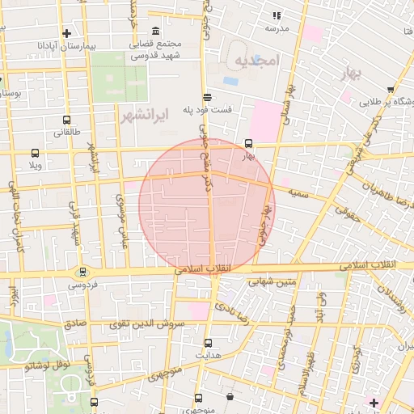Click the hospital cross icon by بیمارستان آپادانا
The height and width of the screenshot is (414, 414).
pyautogui.click(x=65, y=33)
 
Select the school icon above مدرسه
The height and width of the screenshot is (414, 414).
pyautogui.click(x=277, y=15)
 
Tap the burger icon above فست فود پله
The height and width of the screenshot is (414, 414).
pyautogui.click(x=207, y=95)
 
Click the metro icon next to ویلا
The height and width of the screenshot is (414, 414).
pyautogui.click(x=35, y=153)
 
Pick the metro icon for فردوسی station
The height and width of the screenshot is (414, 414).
pyautogui.click(x=82, y=272)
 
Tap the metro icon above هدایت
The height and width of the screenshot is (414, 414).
pyautogui.click(x=208, y=342)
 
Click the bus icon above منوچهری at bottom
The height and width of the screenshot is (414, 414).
pyautogui.click(x=199, y=399)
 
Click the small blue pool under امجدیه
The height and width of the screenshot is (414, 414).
pyautogui.click(x=230, y=81)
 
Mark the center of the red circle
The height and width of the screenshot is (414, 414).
pyautogui.click(x=207, y=206)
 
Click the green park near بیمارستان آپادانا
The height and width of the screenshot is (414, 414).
pyautogui.click(x=119, y=78)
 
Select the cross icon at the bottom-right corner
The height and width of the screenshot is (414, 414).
pyautogui.click(x=373, y=402)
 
